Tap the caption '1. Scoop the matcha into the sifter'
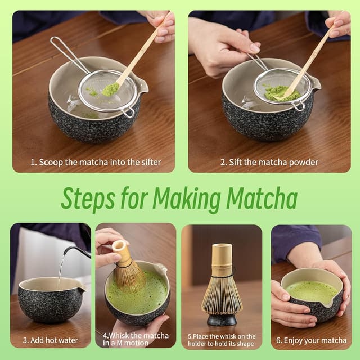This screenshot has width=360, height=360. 96,162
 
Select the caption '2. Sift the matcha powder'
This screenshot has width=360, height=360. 269,162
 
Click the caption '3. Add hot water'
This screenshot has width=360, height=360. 50,340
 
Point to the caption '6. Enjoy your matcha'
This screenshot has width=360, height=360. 311,340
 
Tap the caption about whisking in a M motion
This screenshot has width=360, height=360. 136,340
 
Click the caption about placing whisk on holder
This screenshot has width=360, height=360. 221,340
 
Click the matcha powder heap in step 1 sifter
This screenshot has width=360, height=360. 110,89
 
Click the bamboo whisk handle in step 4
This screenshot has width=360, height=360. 120,251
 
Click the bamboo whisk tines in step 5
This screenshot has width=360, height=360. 222,292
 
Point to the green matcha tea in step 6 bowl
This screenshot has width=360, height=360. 310,291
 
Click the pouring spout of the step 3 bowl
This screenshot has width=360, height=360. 82,289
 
